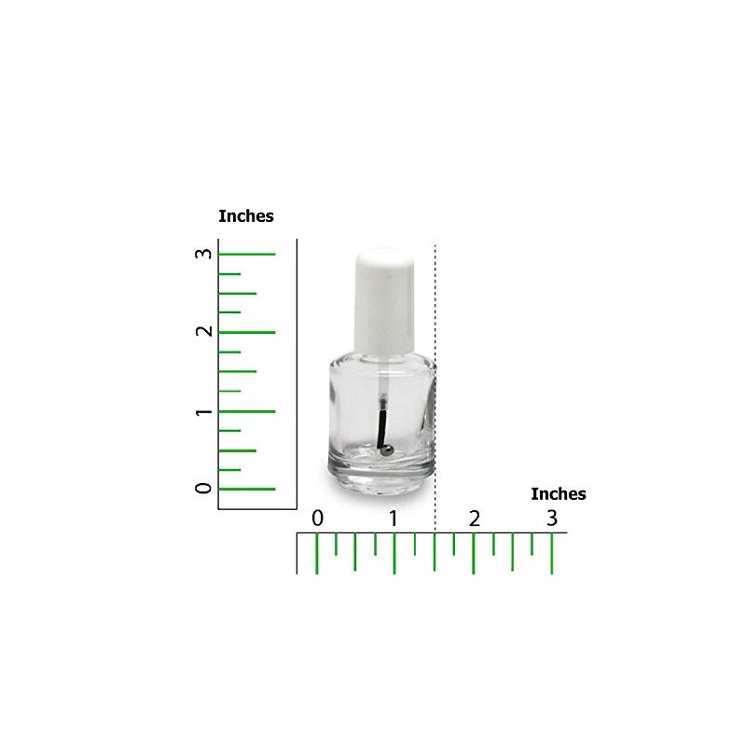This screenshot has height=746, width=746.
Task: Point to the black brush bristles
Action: tap(381, 429)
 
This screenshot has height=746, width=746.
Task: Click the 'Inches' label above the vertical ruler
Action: tap(246, 216)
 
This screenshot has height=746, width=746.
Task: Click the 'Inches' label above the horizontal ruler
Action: tap(558, 494)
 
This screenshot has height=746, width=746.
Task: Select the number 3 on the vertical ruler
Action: tap(203, 253)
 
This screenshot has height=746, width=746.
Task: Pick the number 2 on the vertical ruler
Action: tap(203, 331)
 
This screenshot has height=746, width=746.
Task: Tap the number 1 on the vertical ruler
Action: tap(203, 411)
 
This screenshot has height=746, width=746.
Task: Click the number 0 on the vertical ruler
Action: tap(203, 488)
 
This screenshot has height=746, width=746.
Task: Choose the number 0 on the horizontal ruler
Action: tap(317, 518)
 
